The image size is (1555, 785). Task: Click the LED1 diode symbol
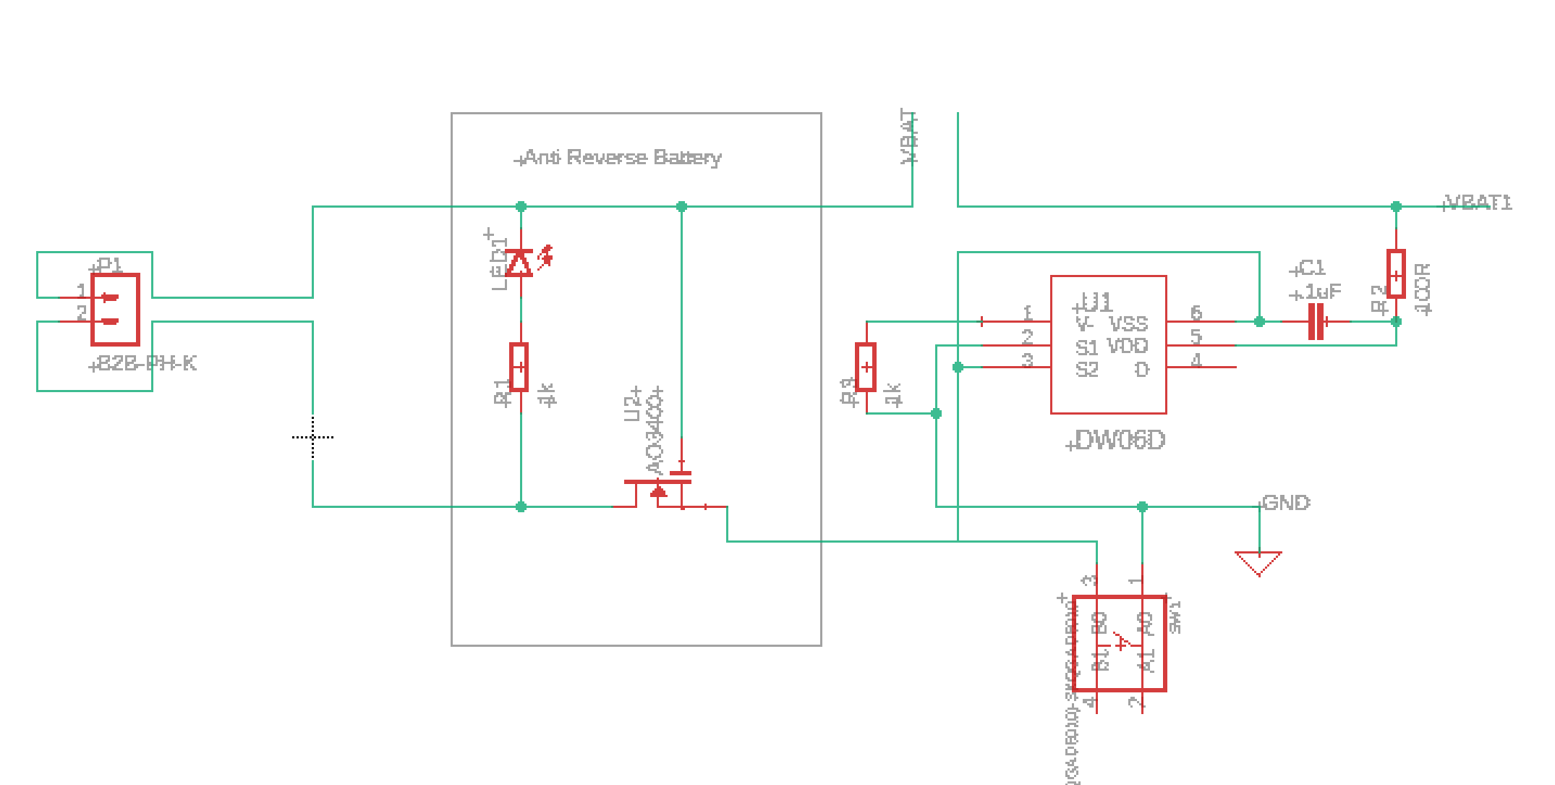pos(519,263)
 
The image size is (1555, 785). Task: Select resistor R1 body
pos(519,367)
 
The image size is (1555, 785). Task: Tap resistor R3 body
pos(866,367)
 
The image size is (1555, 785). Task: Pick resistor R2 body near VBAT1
pos(1396,274)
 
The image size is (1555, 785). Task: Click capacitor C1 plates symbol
pos(1316,321)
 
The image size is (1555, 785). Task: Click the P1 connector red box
pos(115,310)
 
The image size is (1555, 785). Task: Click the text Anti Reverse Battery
pos(622,158)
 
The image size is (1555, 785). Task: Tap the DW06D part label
pos(1120,440)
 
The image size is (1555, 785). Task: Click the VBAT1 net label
pos(1478,203)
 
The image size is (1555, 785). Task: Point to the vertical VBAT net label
pos(908,137)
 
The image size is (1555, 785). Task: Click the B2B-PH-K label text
pos(146,363)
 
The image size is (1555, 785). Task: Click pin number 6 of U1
pos(1196,313)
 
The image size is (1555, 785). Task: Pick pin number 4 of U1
pos(1196,360)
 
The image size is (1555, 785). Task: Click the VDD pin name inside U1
pos(1127,347)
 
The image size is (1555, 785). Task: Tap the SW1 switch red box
pos(1119,643)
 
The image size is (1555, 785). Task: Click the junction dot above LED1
pos(521,207)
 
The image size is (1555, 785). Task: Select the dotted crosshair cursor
pos(312,437)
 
